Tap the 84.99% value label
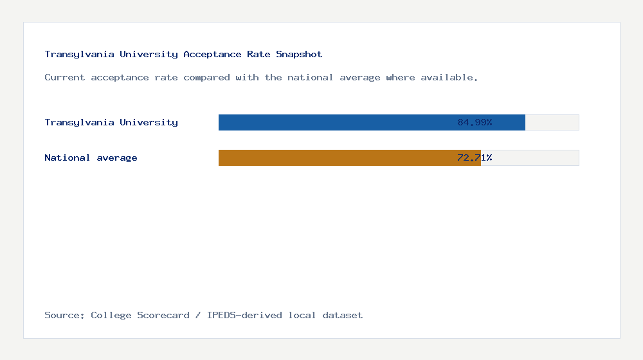(x=475, y=122)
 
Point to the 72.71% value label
(x=475, y=157)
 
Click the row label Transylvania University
(x=111, y=122)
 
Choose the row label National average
(x=91, y=157)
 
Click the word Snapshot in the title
(x=299, y=55)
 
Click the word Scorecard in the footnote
(x=163, y=315)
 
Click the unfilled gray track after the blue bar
(x=552, y=122)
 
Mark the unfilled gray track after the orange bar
(x=530, y=157)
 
